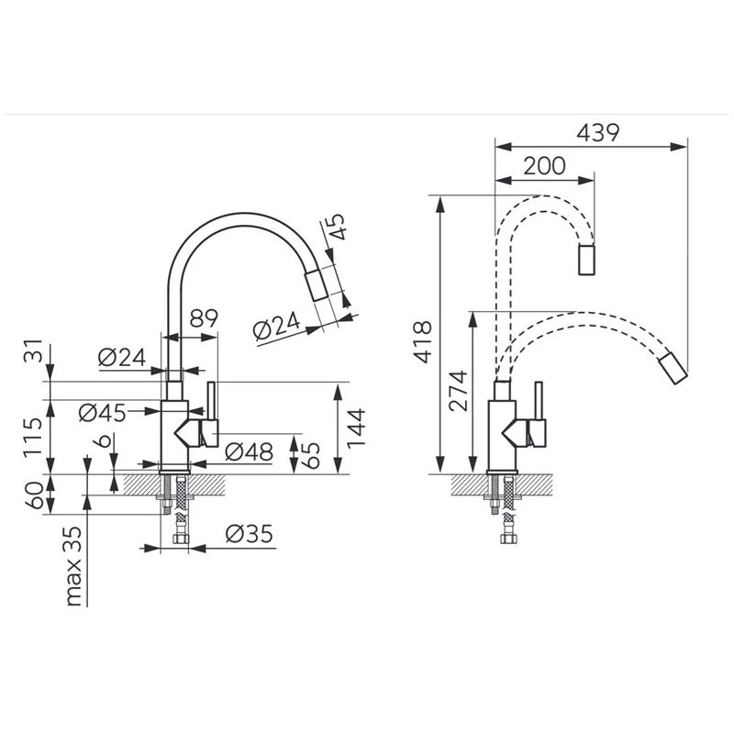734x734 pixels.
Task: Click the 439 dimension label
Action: (598, 132)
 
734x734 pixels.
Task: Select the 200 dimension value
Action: (544, 166)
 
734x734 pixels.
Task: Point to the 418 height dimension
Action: (423, 341)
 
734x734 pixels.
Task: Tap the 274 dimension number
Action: (457, 391)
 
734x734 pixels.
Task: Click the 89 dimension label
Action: (204, 318)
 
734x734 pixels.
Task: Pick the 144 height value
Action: (355, 428)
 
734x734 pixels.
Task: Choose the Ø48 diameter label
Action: (249, 451)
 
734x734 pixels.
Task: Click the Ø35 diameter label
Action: (249, 534)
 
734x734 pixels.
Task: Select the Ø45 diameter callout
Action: (103, 413)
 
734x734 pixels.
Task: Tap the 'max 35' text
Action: (73, 566)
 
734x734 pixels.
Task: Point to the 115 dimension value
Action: (33, 438)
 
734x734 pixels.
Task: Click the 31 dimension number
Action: (33, 351)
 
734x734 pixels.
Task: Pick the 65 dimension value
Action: (310, 455)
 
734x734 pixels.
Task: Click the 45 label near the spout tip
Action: (336, 227)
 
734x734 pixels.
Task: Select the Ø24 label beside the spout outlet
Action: (276, 325)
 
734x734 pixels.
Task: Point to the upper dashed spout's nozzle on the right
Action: (586, 260)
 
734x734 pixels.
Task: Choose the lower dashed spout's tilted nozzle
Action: (673, 369)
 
